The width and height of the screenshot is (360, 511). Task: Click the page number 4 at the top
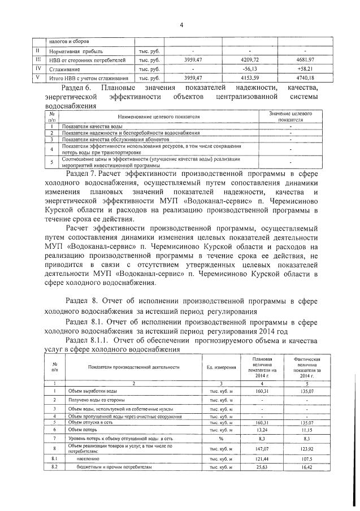[x=181, y=24]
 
